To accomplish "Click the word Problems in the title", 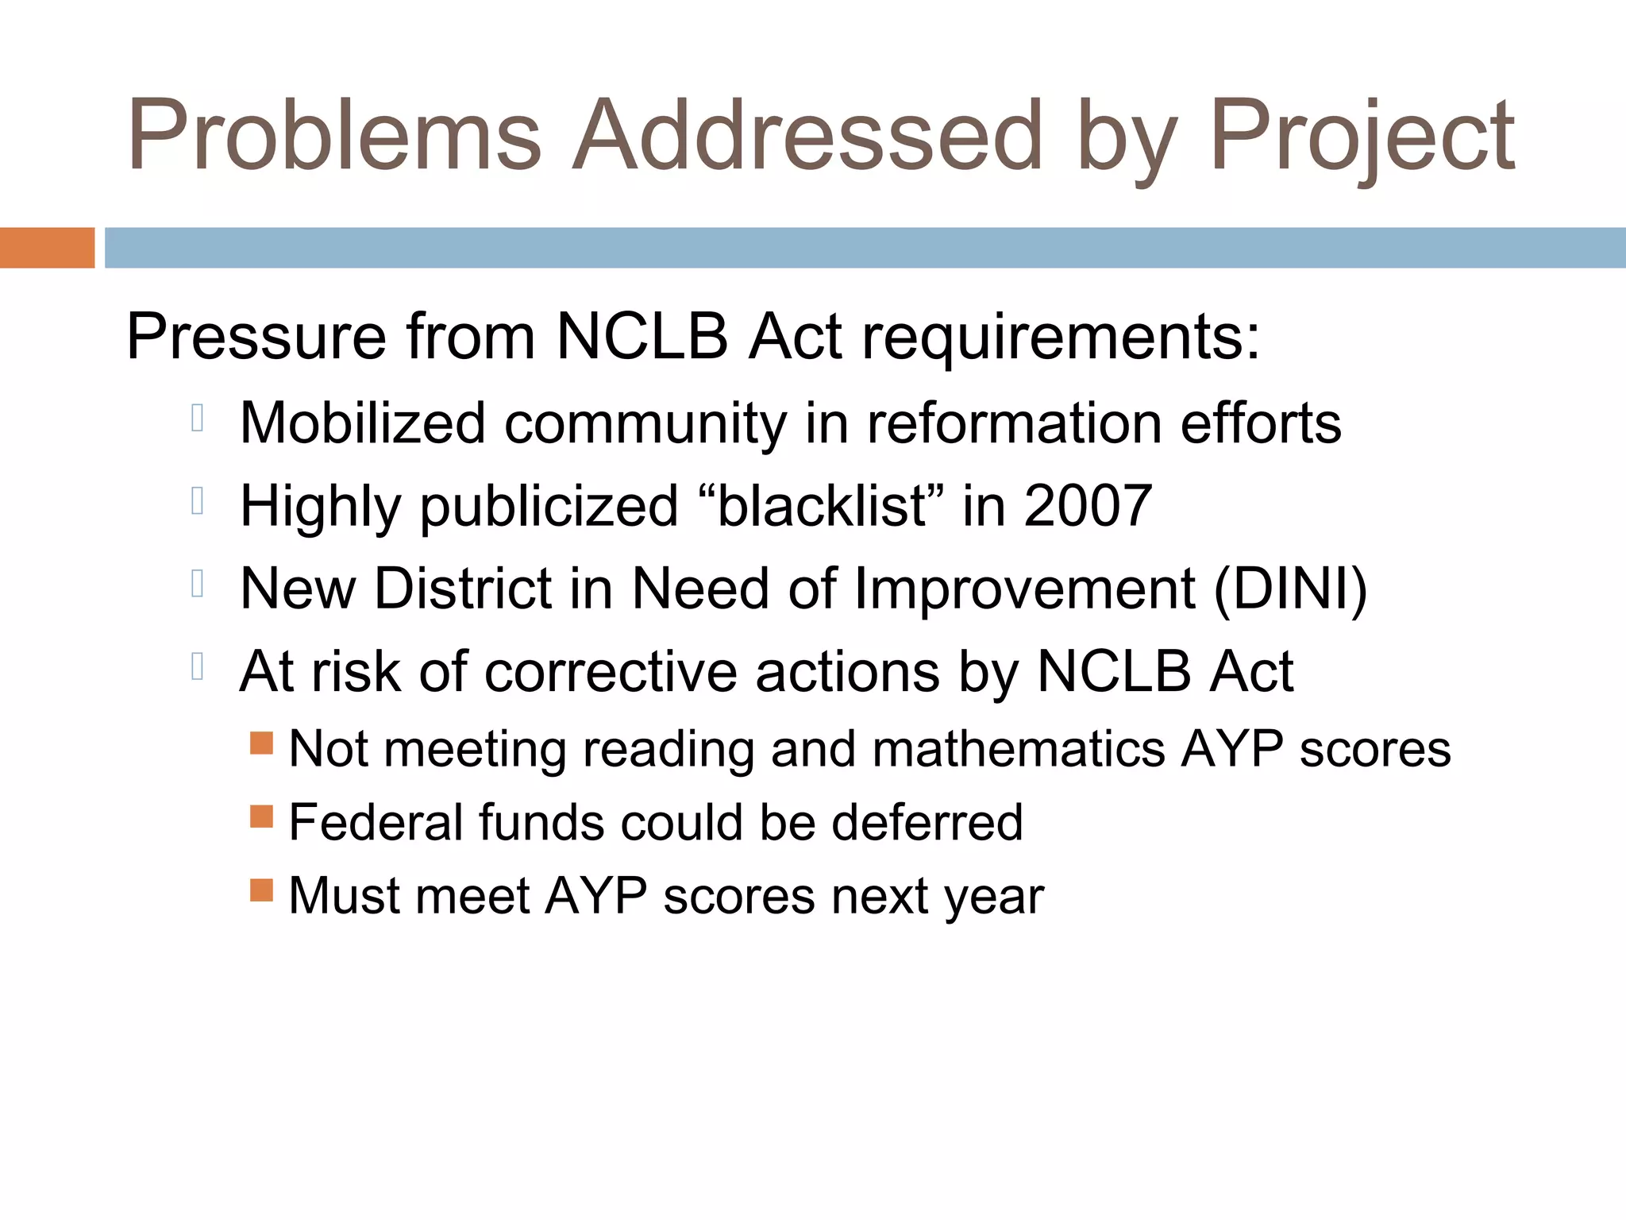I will point(333,135).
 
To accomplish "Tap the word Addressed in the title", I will point(806,135).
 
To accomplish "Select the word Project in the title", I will point(1362,135).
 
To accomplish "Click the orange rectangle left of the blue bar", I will point(47,248).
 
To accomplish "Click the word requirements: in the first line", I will point(1061,337).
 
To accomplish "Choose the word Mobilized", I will point(362,423).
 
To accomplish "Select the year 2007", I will point(1088,505).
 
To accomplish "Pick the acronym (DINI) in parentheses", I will point(1290,589).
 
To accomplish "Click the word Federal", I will point(374,822).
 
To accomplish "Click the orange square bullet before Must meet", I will point(261,890).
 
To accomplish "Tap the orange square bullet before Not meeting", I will point(261,743).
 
